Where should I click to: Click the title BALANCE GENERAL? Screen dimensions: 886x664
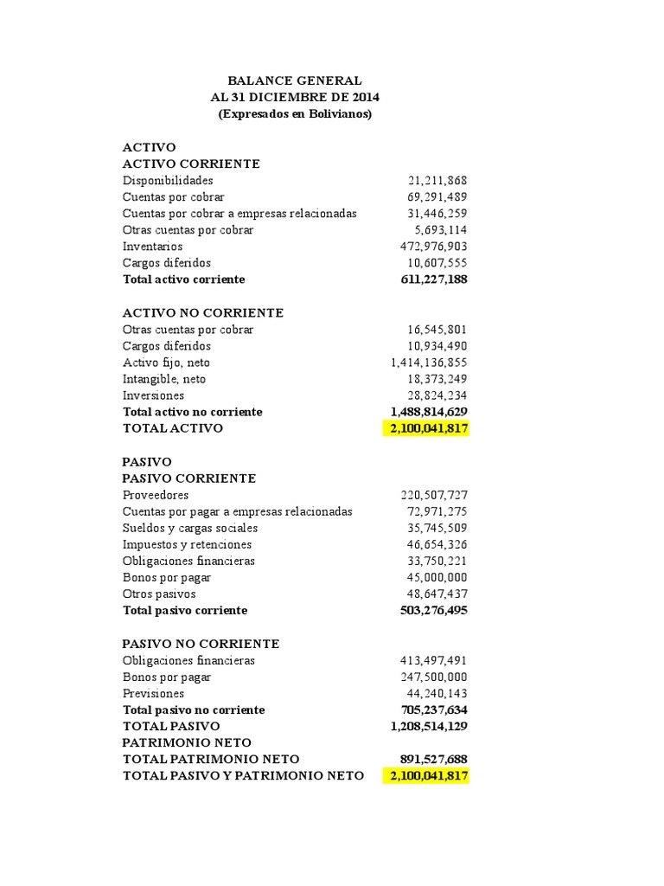pyautogui.click(x=295, y=80)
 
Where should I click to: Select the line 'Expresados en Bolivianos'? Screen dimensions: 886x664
pyautogui.click(x=295, y=114)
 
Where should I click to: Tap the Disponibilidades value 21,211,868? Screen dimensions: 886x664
pyautogui.click(x=437, y=181)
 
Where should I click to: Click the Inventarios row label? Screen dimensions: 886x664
pyautogui.click(x=153, y=247)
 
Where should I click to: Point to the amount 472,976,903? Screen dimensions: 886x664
pyautogui.click(x=433, y=247)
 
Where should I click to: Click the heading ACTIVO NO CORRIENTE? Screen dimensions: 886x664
pyautogui.click(x=203, y=313)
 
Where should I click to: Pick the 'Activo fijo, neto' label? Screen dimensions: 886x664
pyautogui.click(x=166, y=363)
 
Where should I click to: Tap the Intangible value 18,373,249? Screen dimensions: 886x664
pyautogui.click(x=437, y=379)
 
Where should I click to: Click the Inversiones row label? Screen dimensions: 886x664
pyautogui.click(x=154, y=395)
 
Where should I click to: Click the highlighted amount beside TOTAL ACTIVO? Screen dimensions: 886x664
pyautogui.click(x=426, y=428)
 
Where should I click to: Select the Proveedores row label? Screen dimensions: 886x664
pyautogui.click(x=156, y=495)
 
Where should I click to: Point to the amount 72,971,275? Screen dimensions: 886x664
pyautogui.click(x=437, y=511)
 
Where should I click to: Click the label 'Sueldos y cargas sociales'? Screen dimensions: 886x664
pyautogui.click(x=190, y=528)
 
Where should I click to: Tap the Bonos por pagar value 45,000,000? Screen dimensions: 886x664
pyautogui.click(x=437, y=577)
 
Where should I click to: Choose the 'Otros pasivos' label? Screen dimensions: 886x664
pyautogui.click(x=159, y=594)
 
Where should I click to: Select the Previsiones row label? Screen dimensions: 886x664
pyautogui.click(x=154, y=694)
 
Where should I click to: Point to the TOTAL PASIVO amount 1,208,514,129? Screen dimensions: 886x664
pyautogui.click(x=430, y=727)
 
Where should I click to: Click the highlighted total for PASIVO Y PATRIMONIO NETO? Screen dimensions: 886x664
pyautogui.click(x=426, y=776)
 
